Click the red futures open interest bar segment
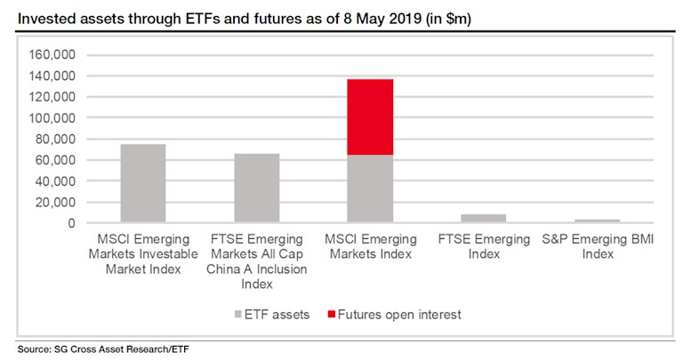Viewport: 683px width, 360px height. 370,117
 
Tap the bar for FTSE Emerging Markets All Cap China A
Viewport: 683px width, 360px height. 256,188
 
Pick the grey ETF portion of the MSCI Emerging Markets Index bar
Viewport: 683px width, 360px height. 370,188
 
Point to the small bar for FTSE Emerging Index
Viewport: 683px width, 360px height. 483,219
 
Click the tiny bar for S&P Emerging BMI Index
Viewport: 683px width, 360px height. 597,220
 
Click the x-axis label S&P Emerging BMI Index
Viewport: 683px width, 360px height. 597,247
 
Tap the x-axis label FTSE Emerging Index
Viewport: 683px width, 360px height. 483,247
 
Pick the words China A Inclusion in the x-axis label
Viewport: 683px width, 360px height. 257,269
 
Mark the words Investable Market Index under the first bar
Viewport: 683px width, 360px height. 143,262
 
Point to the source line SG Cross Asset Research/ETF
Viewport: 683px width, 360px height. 103,348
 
